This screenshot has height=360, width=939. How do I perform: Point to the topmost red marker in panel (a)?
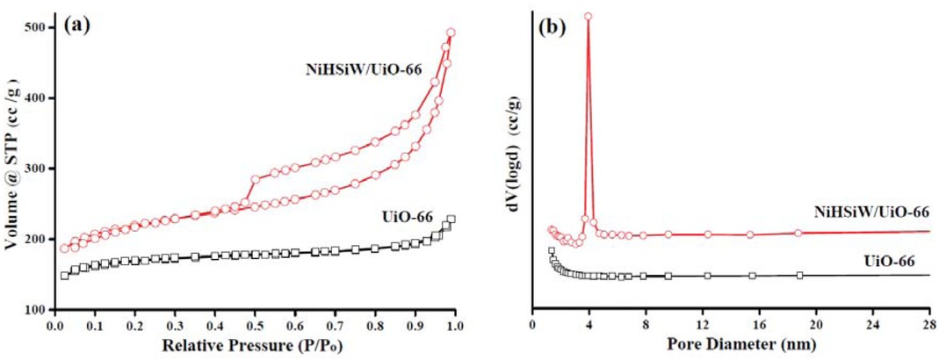point(451,32)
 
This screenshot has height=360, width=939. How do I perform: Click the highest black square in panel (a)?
point(451,220)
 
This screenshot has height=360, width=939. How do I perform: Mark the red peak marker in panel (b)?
point(588,16)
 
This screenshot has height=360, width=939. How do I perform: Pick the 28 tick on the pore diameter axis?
point(929,325)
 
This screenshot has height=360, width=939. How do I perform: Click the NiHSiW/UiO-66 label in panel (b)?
point(868,212)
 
